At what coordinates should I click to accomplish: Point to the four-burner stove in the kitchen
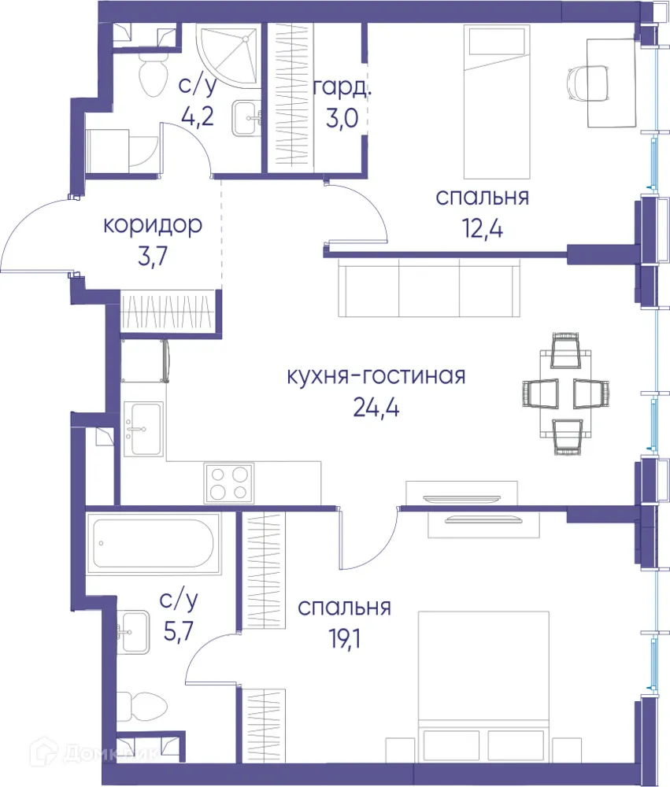click(229, 482)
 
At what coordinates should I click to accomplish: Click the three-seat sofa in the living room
click(429, 286)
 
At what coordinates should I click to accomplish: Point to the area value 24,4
click(376, 408)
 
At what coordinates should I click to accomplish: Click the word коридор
click(153, 225)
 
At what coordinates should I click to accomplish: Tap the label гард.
click(342, 87)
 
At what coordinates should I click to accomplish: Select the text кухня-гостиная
click(376, 375)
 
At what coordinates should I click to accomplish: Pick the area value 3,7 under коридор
click(153, 257)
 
